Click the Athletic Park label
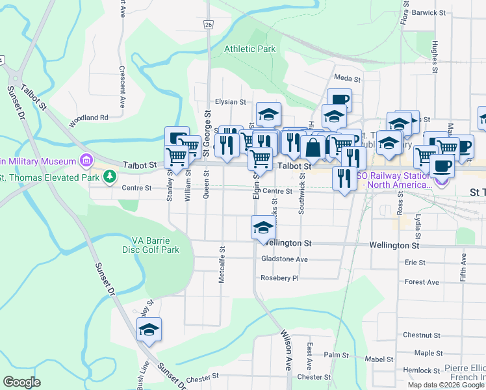click(250, 49)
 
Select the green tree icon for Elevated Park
click(110, 176)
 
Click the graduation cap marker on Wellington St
click(263, 228)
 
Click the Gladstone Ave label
click(284, 259)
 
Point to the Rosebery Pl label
click(280, 278)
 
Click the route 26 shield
click(207, 25)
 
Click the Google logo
click(22, 382)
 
